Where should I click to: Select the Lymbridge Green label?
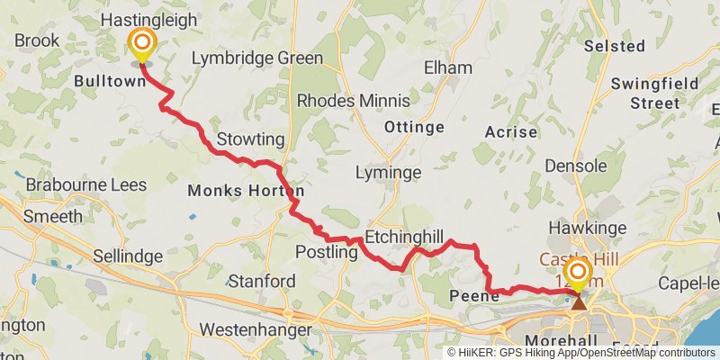(257, 58)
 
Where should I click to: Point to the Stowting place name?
(250, 139)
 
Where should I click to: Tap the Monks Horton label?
(245, 191)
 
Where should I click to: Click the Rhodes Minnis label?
(353, 100)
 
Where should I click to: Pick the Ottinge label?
(414, 127)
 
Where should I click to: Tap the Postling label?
(321, 253)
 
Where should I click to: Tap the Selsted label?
(615, 45)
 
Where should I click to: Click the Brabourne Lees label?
(79, 184)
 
